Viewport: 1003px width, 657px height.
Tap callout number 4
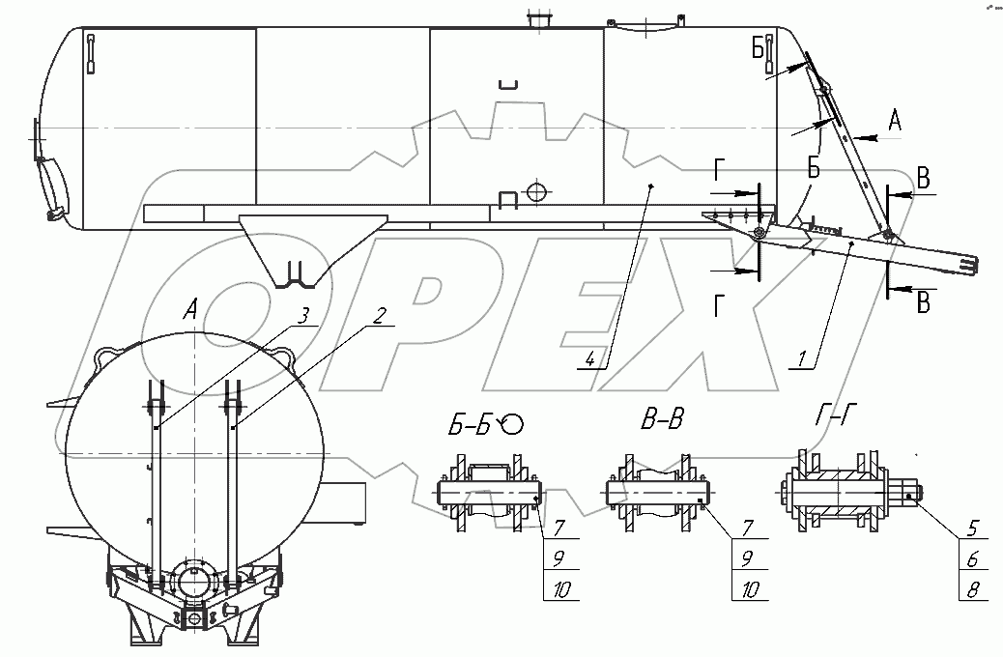click(x=590, y=359)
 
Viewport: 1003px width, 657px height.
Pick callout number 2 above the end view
click(x=380, y=316)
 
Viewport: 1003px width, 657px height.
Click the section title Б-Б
click(x=470, y=423)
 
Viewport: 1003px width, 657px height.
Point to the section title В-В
click(x=662, y=420)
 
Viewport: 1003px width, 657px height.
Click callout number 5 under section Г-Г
click(x=973, y=529)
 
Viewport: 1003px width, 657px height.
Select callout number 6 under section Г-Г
click(x=973, y=559)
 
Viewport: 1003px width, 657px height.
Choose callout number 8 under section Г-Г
click(x=973, y=589)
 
